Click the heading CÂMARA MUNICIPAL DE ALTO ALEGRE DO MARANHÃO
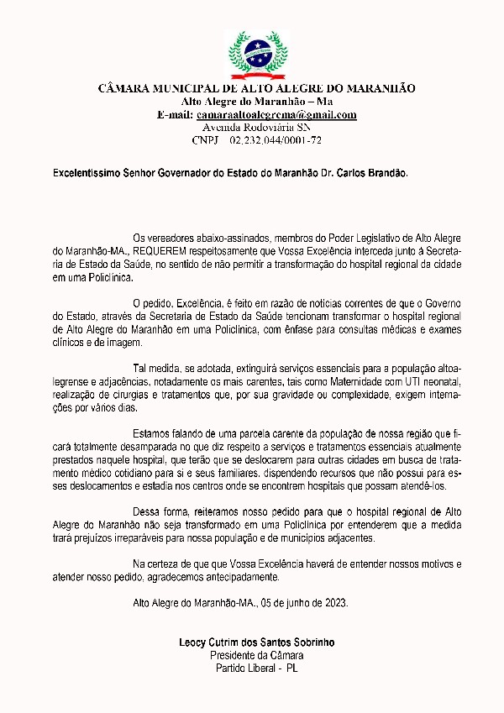point(257,88)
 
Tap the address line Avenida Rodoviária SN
point(257,128)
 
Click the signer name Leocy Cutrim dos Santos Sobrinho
point(257,642)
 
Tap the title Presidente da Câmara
point(257,655)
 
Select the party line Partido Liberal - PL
point(257,668)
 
